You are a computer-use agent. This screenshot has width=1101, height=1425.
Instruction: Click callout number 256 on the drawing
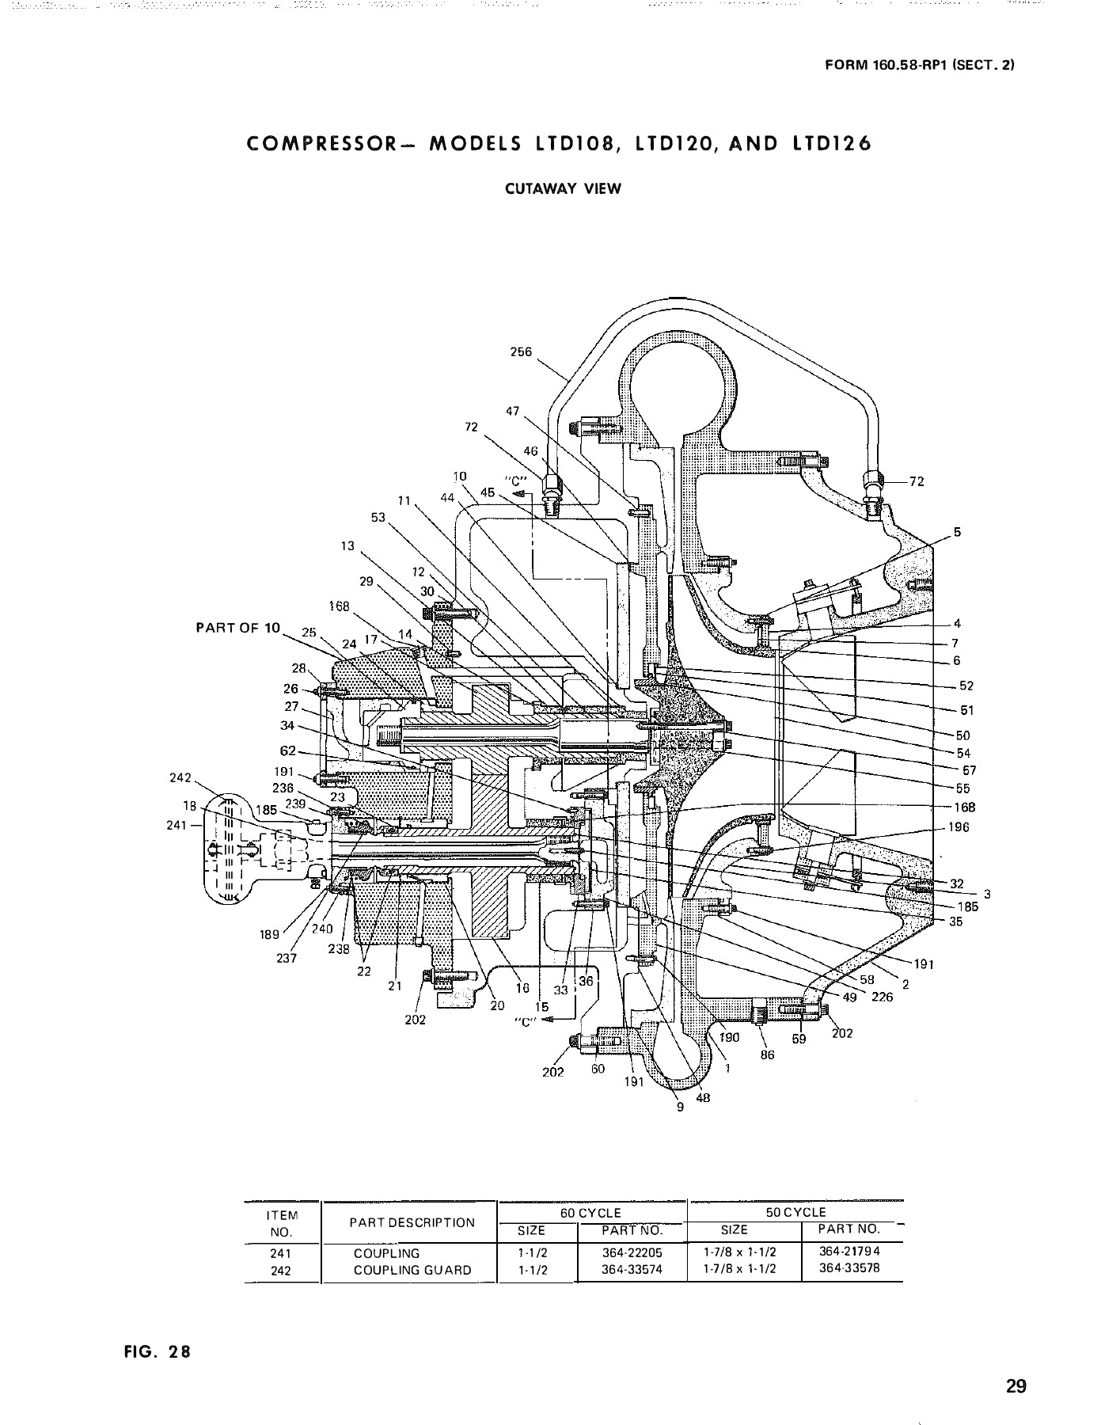click(521, 352)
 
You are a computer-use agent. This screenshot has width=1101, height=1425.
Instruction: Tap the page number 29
click(1016, 1365)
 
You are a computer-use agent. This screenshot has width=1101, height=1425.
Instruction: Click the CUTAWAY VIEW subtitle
click(564, 188)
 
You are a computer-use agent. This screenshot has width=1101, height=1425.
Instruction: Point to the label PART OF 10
click(238, 628)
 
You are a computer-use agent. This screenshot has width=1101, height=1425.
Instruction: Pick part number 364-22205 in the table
click(632, 1253)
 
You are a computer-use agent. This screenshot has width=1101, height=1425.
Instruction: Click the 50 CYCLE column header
click(795, 1212)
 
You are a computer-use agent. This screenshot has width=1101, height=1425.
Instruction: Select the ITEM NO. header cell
click(283, 1223)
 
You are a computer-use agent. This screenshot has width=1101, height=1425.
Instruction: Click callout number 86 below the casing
click(767, 1054)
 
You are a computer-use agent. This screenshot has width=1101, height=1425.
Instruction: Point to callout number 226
click(882, 997)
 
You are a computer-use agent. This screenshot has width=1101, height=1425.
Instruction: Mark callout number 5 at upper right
click(957, 532)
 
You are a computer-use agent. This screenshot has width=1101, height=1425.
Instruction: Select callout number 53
click(378, 517)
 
